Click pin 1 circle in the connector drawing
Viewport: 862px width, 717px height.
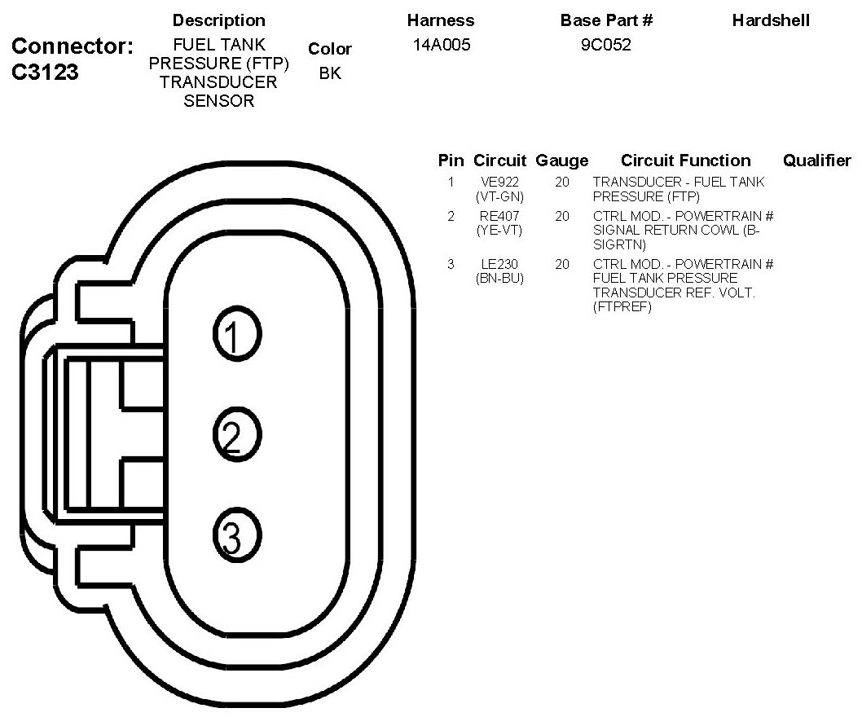tap(236, 334)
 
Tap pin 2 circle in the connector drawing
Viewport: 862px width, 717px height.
tap(236, 435)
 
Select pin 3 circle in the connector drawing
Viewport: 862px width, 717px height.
tap(236, 534)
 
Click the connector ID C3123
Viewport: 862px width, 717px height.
tap(45, 73)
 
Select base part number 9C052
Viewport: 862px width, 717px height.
tap(606, 46)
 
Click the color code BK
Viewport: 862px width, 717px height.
tap(330, 73)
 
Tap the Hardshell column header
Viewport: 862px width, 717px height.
tap(770, 20)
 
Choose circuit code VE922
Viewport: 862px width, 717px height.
tap(499, 183)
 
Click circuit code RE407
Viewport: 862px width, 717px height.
tap(499, 217)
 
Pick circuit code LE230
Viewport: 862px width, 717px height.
tap(499, 264)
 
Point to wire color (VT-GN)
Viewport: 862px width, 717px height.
tap(499, 196)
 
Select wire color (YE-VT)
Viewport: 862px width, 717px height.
tap(499, 231)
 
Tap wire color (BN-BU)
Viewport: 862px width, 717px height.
tap(499, 278)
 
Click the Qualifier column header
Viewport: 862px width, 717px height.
tap(816, 161)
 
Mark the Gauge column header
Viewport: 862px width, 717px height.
tap(561, 161)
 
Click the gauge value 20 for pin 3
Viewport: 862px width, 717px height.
tap(561, 264)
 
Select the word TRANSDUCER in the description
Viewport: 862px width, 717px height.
tap(218, 82)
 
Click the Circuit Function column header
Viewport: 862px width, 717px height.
tap(685, 161)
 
